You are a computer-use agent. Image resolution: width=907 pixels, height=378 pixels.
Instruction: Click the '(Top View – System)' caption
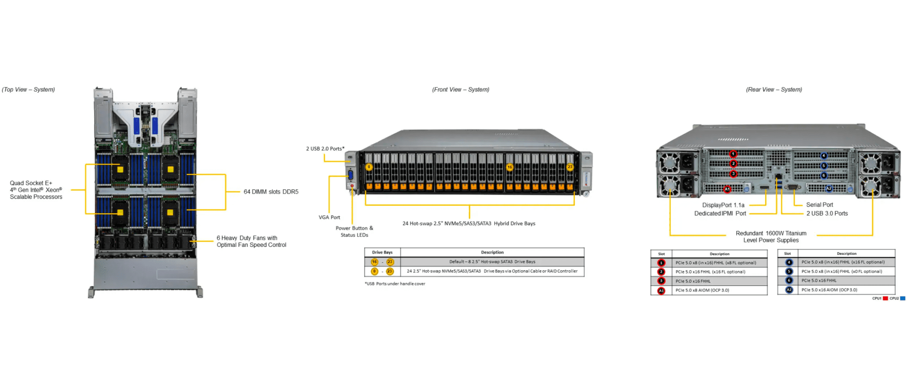point(28,90)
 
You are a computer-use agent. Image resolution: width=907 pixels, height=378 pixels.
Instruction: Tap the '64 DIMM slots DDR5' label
point(271,192)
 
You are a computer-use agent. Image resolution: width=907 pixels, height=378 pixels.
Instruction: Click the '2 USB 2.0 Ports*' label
point(325,149)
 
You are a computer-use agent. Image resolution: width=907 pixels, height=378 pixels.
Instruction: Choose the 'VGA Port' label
point(329,218)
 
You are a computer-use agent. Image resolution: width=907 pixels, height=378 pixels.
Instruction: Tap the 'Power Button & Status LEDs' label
point(354,232)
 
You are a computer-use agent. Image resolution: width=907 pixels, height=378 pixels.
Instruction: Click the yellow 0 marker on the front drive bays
point(369,167)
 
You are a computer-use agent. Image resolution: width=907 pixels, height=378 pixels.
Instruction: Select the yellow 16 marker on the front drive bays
point(510,167)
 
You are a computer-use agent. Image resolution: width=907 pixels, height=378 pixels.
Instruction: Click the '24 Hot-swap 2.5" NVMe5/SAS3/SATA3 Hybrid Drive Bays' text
point(469,224)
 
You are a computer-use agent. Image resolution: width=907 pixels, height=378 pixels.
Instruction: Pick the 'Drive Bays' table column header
point(382,253)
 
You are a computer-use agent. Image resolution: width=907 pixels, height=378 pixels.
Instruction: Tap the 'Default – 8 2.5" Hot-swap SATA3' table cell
point(492,262)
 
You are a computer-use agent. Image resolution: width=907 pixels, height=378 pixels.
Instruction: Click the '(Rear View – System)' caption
point(774,90)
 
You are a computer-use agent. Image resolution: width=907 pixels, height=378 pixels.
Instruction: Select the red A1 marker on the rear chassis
point(727,189)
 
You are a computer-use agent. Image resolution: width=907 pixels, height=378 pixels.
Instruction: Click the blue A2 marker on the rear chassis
point(829,189)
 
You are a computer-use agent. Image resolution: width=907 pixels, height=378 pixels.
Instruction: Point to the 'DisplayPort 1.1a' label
point(723,205)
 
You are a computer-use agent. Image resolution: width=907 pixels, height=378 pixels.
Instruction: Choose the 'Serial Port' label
point(819,205)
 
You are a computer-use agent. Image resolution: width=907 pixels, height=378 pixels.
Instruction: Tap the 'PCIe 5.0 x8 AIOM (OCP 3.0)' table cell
point(702,290)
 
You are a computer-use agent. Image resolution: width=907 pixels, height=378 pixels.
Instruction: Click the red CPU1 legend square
point(885,299)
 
